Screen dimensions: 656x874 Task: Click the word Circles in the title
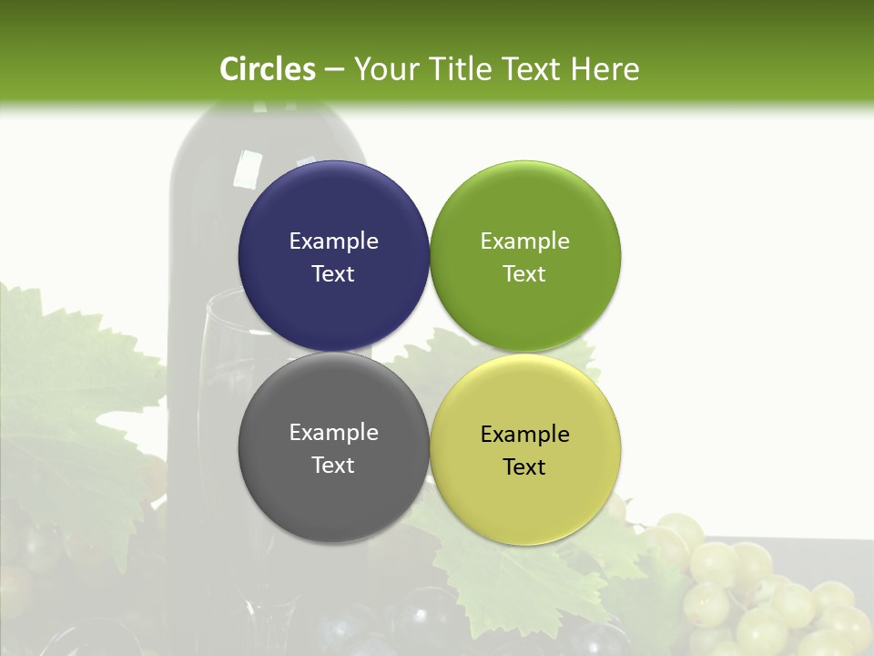pyautogui.click(x=268, y=69)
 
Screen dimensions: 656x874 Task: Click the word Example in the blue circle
pyautogui.click(x=333, y=241)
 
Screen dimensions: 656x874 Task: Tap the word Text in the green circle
pyautogui.click(x=524, y=273)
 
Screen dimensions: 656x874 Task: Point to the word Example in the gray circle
pyautogui.click(x=333, y=432)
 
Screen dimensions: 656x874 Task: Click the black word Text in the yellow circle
pyautogui.click(x=524, y=466)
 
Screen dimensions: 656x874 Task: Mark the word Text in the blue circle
pyautogui.click(x=333, y=273)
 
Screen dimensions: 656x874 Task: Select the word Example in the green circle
pyautogui.click(x=524, y=241)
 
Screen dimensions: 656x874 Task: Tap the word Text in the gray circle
pyautogui.click(x=333, y=465)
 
